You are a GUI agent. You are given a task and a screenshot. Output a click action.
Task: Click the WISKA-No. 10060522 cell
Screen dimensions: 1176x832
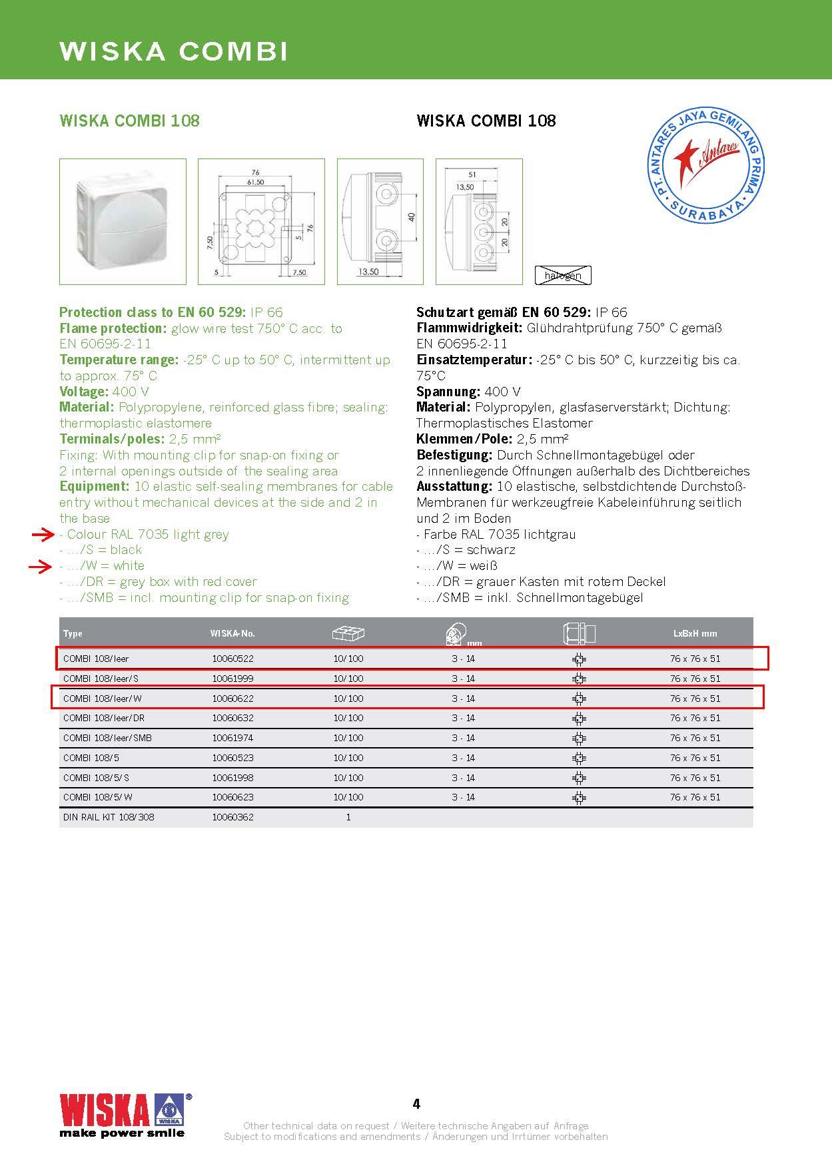tap(232, 659)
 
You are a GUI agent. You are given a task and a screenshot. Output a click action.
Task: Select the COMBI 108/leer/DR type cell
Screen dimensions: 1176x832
tap(104, 718)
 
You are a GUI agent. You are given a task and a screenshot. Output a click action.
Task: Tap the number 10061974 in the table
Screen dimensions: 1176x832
tap(232, 738)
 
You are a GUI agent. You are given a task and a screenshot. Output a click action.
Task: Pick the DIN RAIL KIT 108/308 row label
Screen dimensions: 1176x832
tap(109, 817)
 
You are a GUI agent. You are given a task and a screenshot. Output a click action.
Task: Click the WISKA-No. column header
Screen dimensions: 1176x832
tap(232, 633)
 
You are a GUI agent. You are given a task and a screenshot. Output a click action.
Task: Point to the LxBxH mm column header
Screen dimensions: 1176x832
tap(695, 633)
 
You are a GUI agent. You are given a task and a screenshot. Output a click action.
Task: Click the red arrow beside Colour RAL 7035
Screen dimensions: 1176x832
tap(42, 534)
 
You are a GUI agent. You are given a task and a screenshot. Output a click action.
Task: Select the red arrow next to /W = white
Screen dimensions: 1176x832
tap(42, 566)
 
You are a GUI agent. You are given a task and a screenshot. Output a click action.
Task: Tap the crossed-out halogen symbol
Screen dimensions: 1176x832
tap(563, 275)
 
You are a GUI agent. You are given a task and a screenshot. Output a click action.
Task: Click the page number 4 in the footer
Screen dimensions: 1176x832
tap(416, 1104)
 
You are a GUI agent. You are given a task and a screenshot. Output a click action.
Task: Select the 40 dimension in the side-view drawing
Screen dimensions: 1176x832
tap(412, 217)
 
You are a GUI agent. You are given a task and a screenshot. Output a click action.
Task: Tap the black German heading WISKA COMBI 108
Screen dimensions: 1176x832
tap(486, 121)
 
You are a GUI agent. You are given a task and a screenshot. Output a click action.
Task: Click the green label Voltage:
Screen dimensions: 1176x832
tap(83, 392)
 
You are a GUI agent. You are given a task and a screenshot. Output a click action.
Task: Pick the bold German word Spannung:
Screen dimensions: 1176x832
tap(448, 392)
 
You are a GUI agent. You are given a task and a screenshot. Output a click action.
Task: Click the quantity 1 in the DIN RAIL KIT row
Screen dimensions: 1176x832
tap(348, 817)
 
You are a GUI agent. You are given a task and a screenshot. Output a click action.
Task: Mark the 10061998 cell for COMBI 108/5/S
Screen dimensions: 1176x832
tap(232, 777)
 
